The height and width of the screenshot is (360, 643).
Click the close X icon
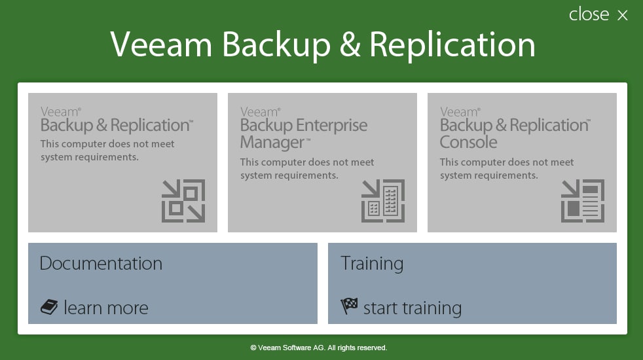pyautogui.click(x=623, y=15)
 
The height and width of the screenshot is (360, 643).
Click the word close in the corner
pyautogui.click(x=589, y=14)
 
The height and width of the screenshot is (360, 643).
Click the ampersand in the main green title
pyautogui.click(x=350, y=45)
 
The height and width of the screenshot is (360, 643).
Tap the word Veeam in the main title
pyautogui.click(x=161, y=45)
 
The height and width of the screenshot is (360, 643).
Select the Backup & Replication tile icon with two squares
pyautogui.click(x=183, y=201)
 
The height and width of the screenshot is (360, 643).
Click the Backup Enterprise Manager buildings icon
pyautogui.click(x=383, y=201)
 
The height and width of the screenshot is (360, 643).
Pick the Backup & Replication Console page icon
pyautogui.click(x=583, y=201)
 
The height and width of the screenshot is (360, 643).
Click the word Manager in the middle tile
pyautogui.click(x=272, y=143)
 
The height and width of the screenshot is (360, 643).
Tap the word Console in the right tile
pyautogui.click(x=468, y=142)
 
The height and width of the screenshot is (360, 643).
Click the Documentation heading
pyautogui.click(x=101, y=263)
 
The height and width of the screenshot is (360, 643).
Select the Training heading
pyautogui.click(x=371, y=264)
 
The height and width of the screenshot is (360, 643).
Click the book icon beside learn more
pyautogui.click(x=49, y=307)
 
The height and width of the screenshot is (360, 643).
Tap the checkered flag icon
pyautogui.click(x=349, y=306)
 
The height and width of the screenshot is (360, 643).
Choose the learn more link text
pyautogui.click(x=106, y=308)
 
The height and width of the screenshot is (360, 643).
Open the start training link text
pyautogui.click(x=413, y=308)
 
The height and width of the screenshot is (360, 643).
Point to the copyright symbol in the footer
pyautogui.click(x=253, y=348)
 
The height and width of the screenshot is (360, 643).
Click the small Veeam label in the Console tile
pyautogui.click(x=459, y=112)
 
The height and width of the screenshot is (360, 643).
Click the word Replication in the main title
pyautogui.click(x=452, y=45)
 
